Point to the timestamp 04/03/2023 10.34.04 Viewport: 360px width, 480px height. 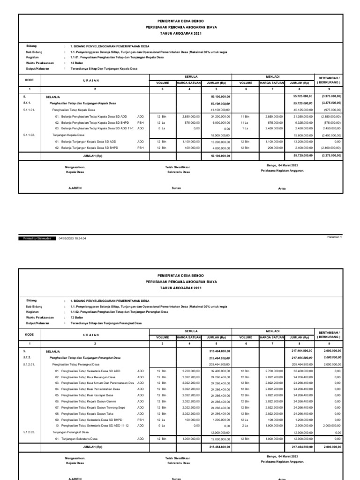[x=72, y=238]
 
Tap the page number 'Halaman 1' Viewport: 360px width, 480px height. [x=335, y=237]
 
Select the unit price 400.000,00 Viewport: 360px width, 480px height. [x=191, y=148]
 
